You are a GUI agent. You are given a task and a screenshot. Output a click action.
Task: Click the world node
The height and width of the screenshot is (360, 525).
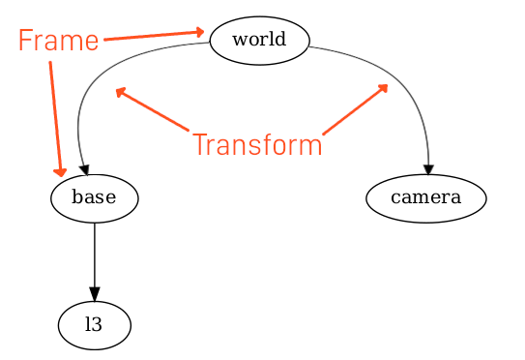258,41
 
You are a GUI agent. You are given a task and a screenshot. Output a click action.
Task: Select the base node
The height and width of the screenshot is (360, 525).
94,198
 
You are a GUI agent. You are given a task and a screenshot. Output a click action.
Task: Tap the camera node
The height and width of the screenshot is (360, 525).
425,198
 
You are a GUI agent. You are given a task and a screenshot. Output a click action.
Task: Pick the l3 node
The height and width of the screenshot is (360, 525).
94,326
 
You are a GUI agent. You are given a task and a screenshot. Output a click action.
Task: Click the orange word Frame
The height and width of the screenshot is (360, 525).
58,41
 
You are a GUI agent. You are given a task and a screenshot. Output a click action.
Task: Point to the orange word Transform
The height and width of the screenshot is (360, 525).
256,145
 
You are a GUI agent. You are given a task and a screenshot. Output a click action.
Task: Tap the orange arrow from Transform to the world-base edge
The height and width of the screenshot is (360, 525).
153,109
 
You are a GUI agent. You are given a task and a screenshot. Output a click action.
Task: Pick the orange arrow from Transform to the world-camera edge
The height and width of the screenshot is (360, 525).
354,109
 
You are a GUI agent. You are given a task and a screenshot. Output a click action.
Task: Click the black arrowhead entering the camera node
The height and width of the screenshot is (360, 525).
427,170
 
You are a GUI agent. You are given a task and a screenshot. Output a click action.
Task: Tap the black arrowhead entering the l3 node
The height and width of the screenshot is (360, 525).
94,295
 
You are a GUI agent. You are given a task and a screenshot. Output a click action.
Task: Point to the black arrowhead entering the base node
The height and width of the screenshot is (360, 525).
84,170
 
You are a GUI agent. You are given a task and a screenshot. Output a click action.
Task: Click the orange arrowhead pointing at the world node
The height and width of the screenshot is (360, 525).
199,31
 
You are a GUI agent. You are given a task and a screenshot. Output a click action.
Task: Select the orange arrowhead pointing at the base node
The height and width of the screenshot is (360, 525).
61,172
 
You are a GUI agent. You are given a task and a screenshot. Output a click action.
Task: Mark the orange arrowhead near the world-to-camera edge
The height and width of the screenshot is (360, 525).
384,87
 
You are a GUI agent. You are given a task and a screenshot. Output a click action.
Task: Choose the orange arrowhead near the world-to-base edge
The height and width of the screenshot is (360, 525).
120,92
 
